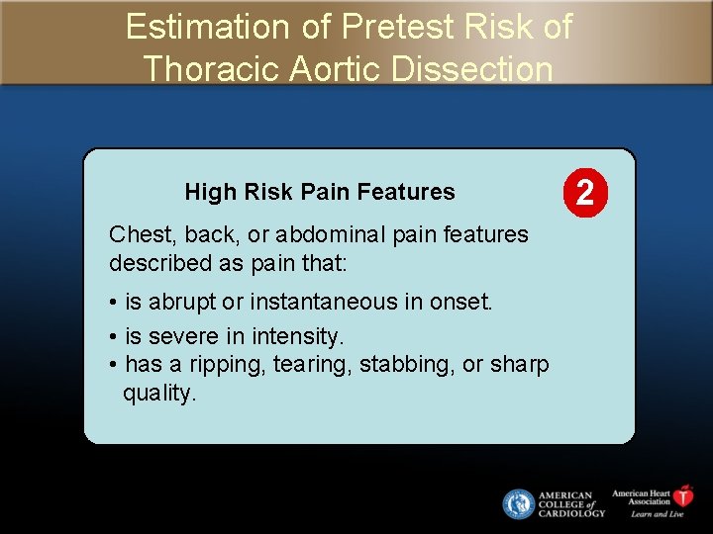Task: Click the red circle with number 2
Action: coord(585,190)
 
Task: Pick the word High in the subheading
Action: coord(206,192)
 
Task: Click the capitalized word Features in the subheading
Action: coord(411,192)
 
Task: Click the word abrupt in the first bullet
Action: coord(182,302)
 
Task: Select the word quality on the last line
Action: coord(158,393)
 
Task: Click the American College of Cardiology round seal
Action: coord(518,504)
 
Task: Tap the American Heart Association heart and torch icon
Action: coord(683,495)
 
